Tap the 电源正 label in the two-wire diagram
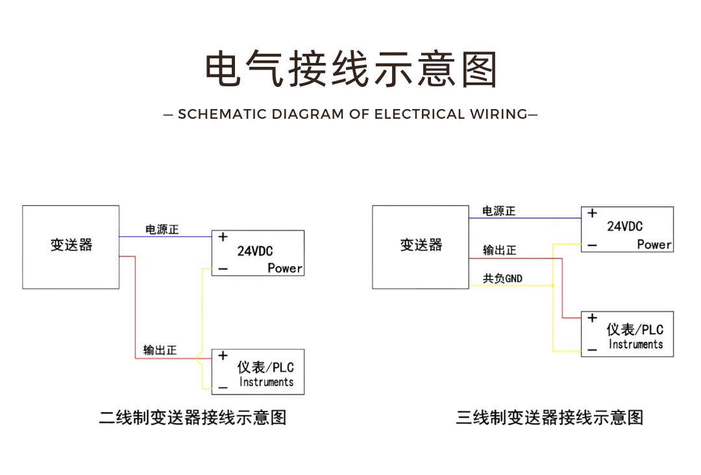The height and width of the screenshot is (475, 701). tap(161, 230)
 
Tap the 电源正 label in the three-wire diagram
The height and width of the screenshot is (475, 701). tap(498, 211)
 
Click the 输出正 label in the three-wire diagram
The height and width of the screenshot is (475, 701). tap(499, 250)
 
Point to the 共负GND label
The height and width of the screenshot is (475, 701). tap(502, 279)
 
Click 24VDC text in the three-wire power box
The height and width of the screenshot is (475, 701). tap(624, 226)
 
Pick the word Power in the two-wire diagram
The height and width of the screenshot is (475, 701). tap(285, 268)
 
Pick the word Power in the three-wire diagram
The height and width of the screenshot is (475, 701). tap(654, 245)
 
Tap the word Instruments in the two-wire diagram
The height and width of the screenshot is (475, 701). tap(266, 382)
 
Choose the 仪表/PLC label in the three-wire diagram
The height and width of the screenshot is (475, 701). tap(635, 330)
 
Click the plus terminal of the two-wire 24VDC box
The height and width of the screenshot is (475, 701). tap(223, 237)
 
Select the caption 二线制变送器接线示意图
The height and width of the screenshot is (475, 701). tap(193, 417)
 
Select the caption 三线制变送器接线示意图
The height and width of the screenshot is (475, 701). tap(549, 417)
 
